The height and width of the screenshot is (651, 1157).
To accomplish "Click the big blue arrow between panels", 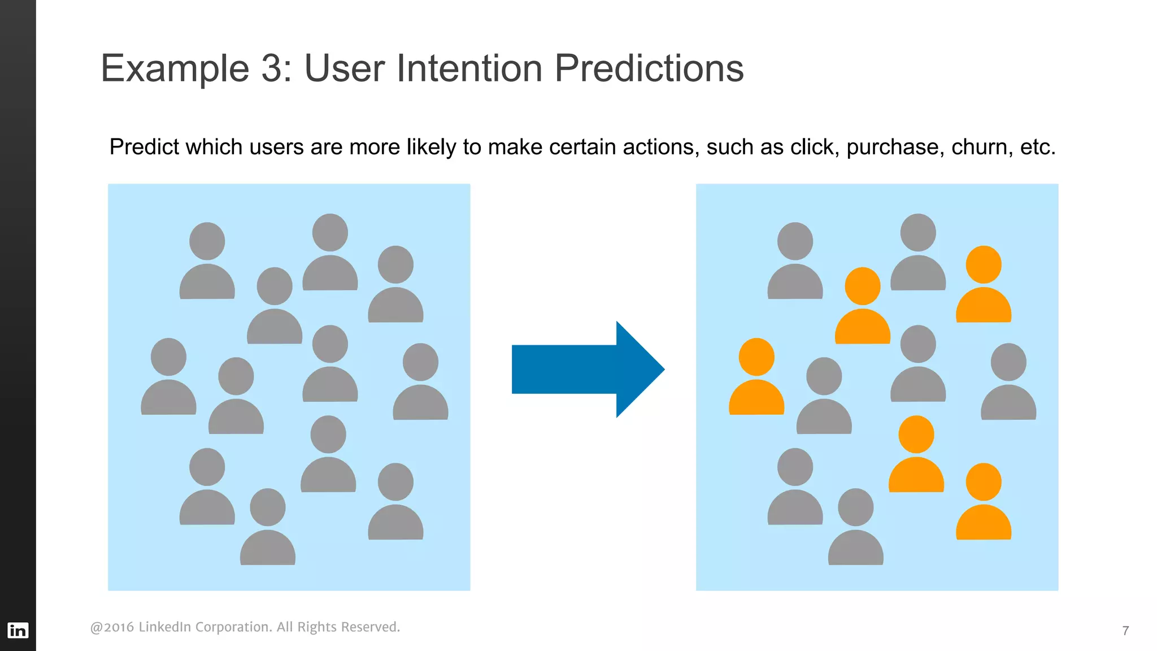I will tap(588, 369).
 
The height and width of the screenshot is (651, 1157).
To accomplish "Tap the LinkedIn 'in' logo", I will tap(18, 630).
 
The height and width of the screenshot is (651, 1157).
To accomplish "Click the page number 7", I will tap(1125, 631).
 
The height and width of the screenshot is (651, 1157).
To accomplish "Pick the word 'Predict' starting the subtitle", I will tap(144, 147).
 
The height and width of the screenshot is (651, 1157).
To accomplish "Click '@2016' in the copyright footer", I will tap(112, 627).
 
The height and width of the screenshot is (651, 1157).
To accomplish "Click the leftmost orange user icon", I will tap(756, 377).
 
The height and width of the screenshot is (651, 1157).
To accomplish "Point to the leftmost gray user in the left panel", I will tap(168, 377).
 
